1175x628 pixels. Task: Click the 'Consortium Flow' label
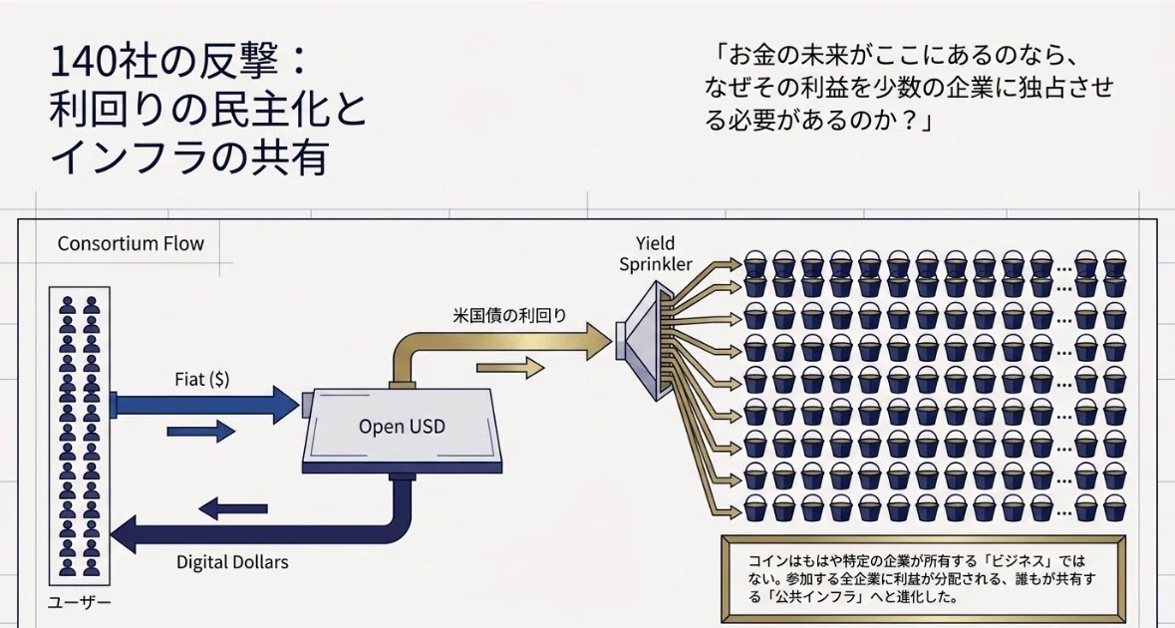(131, 244)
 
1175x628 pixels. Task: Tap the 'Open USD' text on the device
(402, 427)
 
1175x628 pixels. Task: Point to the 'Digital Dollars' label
(232, 562)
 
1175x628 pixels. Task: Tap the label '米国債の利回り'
(509, 315)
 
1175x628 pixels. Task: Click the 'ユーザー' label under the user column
(79, 602)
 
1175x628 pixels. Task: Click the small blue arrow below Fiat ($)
(201, 431)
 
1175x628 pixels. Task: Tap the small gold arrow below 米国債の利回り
(510, 367)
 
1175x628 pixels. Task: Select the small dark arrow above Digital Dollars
(233, 508)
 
